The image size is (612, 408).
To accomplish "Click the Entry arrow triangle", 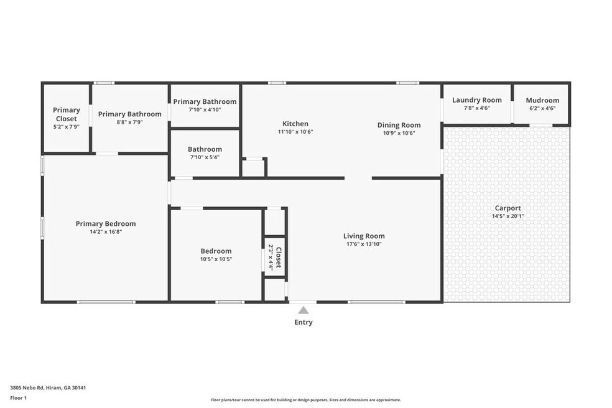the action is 304,310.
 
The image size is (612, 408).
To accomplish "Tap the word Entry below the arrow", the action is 304,322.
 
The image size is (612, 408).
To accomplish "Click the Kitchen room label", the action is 295,124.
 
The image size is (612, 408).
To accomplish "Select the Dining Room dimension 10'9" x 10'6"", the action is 399,133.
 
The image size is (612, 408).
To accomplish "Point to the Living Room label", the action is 364,236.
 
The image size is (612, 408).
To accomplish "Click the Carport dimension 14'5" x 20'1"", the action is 508,216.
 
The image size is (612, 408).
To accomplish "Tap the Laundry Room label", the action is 477,100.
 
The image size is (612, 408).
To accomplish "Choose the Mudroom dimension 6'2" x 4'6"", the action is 542,109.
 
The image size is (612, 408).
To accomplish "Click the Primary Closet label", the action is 67,114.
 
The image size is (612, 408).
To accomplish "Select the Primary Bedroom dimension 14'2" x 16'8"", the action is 106,232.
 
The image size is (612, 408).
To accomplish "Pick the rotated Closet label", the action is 279,257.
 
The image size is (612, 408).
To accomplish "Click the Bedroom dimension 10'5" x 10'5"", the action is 216,259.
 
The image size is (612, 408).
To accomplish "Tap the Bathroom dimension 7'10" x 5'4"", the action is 205,157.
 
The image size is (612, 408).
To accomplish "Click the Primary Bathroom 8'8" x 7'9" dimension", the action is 129,122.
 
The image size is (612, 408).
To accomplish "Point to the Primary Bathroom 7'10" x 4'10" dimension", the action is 205,109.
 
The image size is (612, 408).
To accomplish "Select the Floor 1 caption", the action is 18,398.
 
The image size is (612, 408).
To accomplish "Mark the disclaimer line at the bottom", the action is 306,400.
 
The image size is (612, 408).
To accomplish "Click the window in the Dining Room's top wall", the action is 408,83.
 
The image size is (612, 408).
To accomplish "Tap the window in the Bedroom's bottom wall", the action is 230,302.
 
